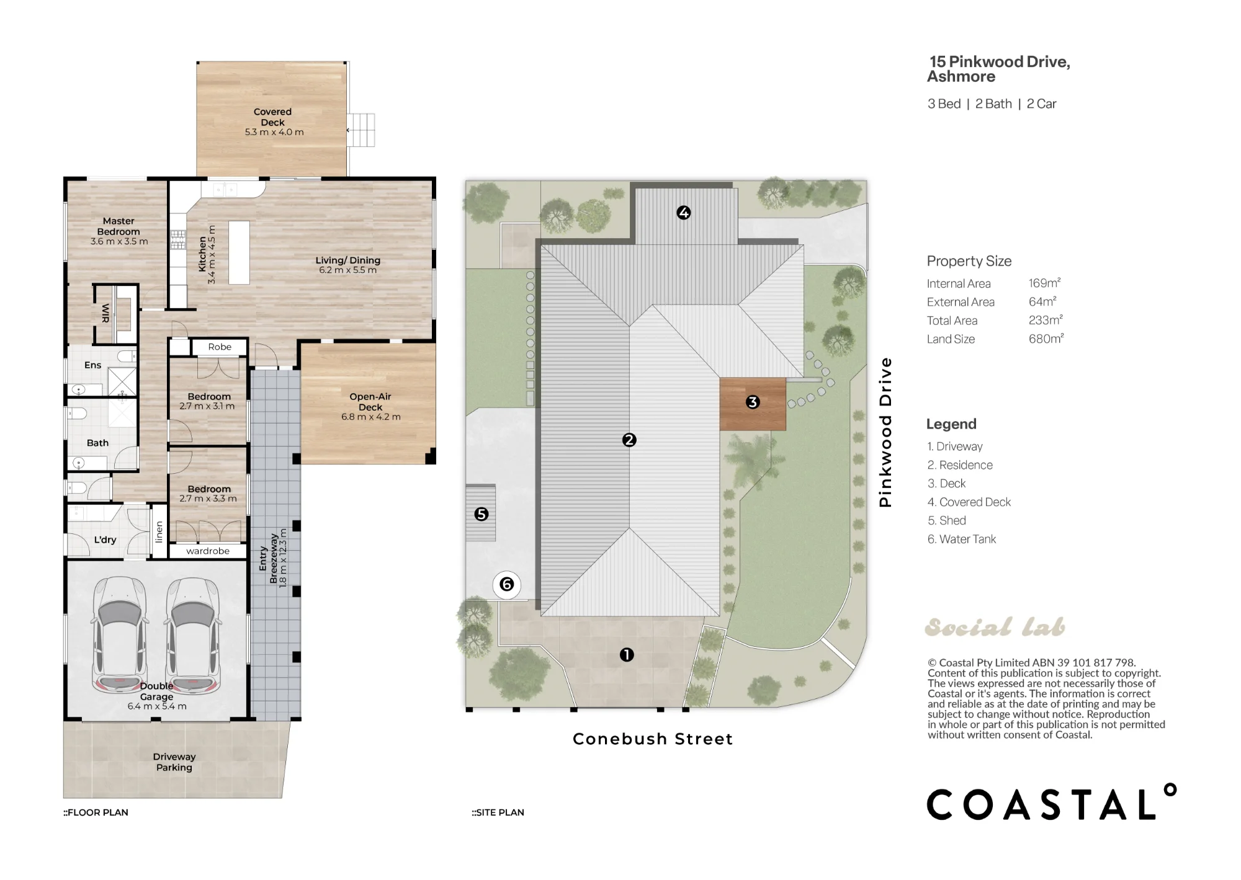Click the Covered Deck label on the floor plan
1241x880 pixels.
[x=272, y=117]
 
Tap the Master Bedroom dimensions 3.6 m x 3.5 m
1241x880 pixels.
[x=119, y=241]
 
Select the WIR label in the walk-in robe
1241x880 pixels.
[x=105, y=313]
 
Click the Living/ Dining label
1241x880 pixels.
[x=347, y=260]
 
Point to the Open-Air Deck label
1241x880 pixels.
[x=370, y=402]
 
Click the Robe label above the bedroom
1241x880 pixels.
[x=220, y=347]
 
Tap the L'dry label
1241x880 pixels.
[x=105, y=540]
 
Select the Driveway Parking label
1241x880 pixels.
[x=174, y=762]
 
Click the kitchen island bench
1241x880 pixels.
[x=239, y=252]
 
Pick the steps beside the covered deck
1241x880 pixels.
[x=361, y=130]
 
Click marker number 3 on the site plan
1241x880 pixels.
[x=753, y=402]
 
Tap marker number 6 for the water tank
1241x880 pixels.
[x=507, y=584]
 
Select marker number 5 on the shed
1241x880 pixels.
[x=482, y=514]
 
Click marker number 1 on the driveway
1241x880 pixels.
[x=627, y=655]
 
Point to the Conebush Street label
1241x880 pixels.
[x=653, y=739]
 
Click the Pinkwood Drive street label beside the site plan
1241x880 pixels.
[x=885, y=432]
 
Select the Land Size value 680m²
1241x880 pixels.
[x=1046, y=339]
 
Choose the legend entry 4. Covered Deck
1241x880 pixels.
[x=969, y=502]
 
